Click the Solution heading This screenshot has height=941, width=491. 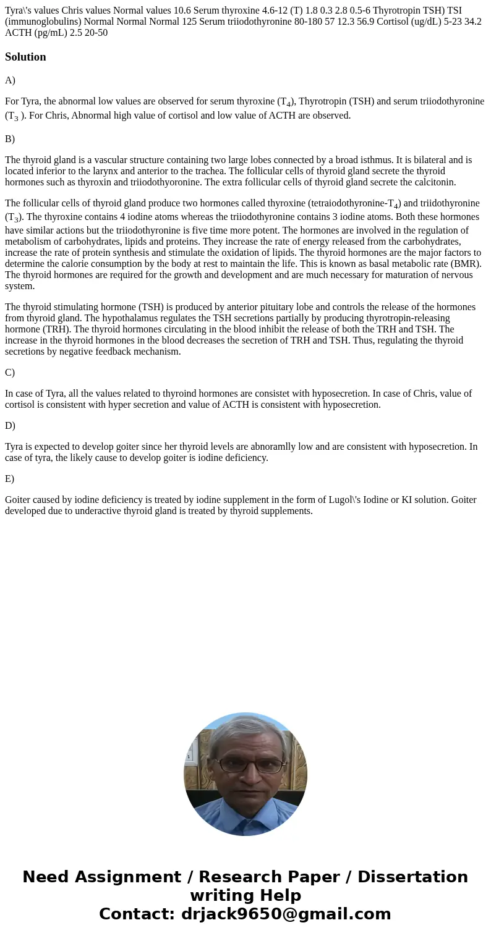click(x=25, y=57)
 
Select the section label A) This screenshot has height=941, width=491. click(x=10, y=80)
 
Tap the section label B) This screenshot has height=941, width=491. click(x=10, y=139)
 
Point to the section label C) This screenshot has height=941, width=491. click(x=10, y=373)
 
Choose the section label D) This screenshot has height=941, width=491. click(x=10, y=426)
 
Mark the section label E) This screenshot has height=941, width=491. click(x=9, y=479)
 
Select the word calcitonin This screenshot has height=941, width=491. click(x=435, y=182)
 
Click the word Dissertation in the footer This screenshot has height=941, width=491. click(x=412, y=877)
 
